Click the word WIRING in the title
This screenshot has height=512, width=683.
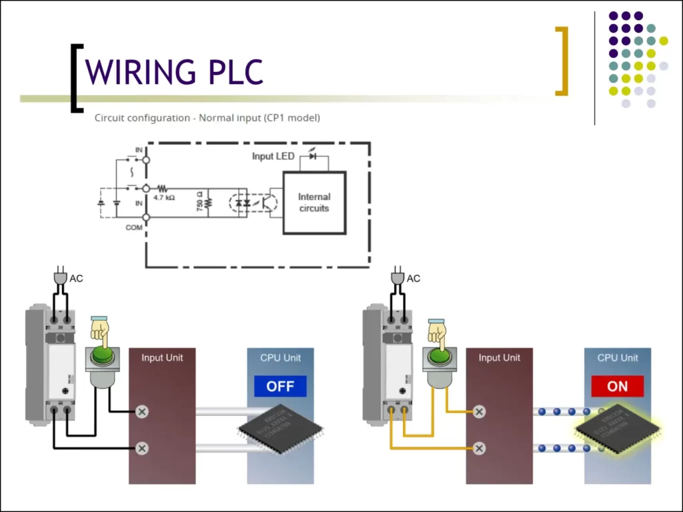pyautogui.click(x=139, y=71)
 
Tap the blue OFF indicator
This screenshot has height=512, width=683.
pyautogui.click(x=280, y=387)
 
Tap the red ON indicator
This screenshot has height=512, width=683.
pyautogui.click(x=617, y=387)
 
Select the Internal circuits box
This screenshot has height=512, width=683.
pyautogui.click(x=314, y=203)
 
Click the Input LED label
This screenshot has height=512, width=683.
pyautogui.click(x=273, y=156)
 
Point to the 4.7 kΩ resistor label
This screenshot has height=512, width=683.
pyautogui.click(x=163, y=198)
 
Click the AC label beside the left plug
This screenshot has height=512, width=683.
pyautogui.click(x=77, y=279)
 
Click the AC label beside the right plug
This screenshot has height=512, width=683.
pyautogui.click(x=414, y=279)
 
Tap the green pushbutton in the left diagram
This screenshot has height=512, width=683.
pyautogui.click(x=103, y=356)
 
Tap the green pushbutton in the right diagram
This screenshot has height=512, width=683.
pyautogui.click(x=440, y=356)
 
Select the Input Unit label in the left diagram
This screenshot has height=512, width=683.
pyautogui.click(x=162, y=358)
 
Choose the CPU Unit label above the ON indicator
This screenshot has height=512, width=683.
pyautogui.click(x=617, y=358)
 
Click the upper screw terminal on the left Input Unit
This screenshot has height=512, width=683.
pyautogui.click(x=141, y=412)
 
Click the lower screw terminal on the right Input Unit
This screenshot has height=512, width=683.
pyautogui.click(x=479, y=448)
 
